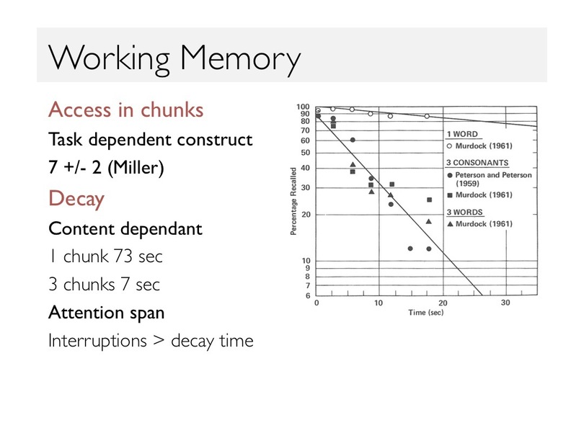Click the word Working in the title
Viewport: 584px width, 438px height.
click(x=109, y=58)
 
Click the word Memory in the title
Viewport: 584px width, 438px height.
click(x=241, y=58)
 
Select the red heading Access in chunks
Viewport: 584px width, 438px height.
click(x=126, y=109)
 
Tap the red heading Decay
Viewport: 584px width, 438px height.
click(x=76, y=199)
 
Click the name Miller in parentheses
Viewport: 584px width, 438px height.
click(x=136, y=167)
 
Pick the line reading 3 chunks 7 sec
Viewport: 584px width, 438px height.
click(x=105, y=285)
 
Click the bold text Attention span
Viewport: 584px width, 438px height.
click(x=107, y=313)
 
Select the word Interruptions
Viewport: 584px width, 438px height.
click(x=97, y=341)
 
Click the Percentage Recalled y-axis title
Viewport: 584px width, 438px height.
click(x=293, y=201)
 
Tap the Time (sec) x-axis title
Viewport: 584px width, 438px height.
click(x=425, y=313)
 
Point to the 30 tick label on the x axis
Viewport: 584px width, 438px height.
click(x=505, y=303)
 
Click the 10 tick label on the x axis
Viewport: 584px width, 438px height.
click(x=379, y=303)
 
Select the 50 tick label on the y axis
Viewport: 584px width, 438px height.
click(x=306, y=153)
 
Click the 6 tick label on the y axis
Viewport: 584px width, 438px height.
click(x=308, y=296)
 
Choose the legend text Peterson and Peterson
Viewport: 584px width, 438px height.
click(x=493, y=175)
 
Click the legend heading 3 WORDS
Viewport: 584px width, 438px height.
click(x=464, y=212)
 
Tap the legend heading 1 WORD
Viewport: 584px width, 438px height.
click(x=462, y=134)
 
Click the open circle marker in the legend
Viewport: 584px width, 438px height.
click(x=450, y=146)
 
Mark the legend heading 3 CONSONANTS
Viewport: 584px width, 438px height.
click(x=477, y=163)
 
